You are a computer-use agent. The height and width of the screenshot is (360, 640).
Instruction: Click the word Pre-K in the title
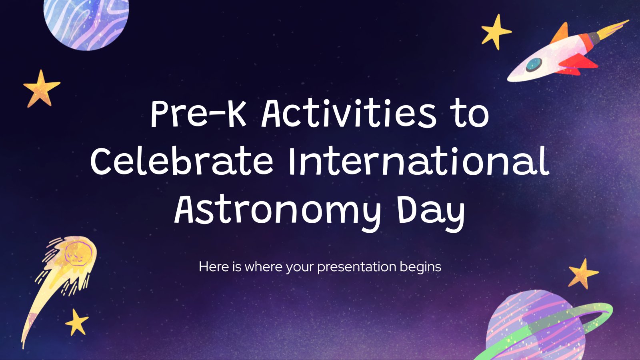(x=198, y=114)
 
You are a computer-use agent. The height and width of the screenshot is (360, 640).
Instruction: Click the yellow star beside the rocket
(x=496, y=32)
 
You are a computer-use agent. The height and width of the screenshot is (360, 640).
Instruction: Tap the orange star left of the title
(x=41, y=88)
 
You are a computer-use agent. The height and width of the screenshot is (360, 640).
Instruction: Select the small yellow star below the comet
(x=76, y=322)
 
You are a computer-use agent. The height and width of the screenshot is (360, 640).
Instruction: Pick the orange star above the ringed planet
(x=583, y=274)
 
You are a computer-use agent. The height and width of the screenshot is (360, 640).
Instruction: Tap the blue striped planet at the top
(x=86, y=22)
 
